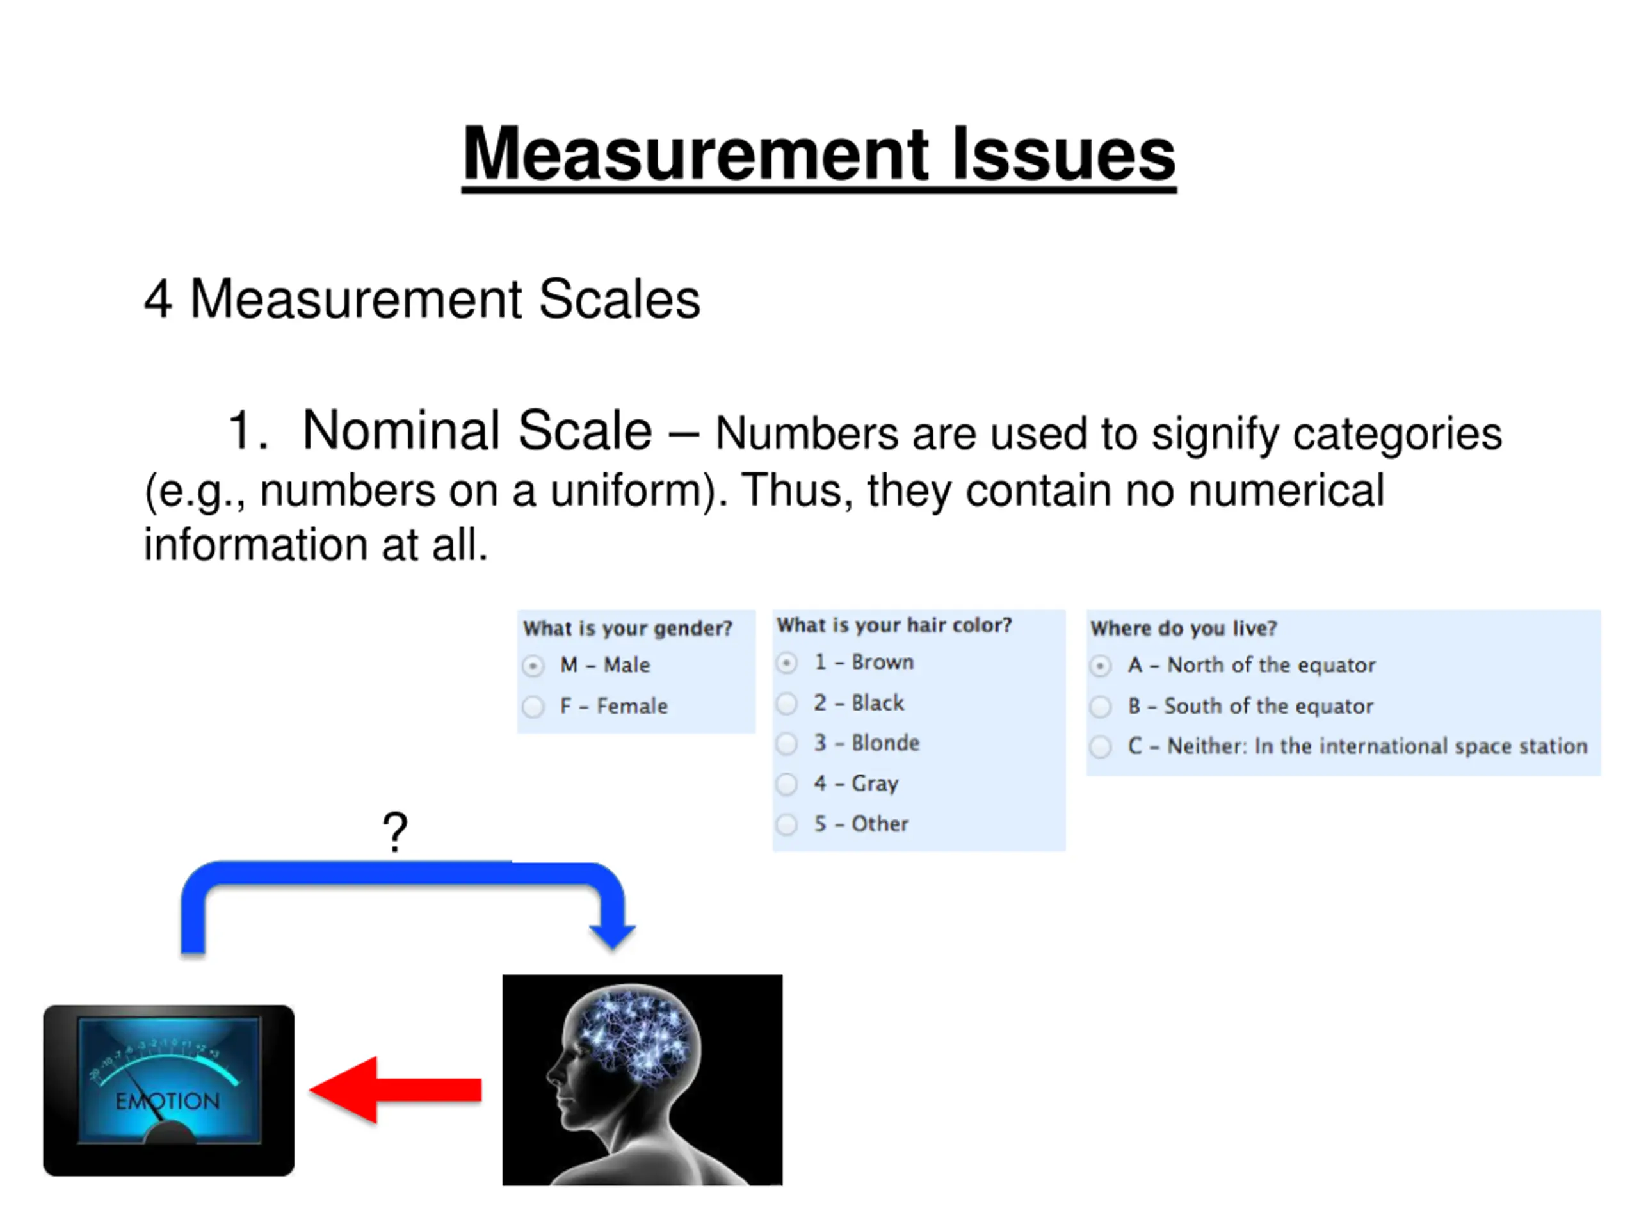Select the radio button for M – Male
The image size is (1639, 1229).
pos(533,666)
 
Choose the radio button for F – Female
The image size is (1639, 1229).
pos(533,707)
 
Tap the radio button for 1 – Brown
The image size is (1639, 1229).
pos(787,663)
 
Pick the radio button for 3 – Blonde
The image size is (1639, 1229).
pos(787,743)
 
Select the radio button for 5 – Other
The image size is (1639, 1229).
pos(787,824)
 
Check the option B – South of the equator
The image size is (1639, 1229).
pos(1101,707)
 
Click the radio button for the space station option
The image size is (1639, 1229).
pos(1101,747)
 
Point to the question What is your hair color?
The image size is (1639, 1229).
pos(894,625)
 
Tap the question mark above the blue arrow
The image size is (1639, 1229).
pos(395,832)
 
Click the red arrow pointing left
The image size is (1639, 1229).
pos(396,1089)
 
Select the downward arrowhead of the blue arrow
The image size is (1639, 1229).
pos(612,936)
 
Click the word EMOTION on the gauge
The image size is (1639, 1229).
pos(168,1102)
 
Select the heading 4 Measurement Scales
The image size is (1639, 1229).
pos(423,300)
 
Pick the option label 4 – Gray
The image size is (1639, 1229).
pos(856,783)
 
